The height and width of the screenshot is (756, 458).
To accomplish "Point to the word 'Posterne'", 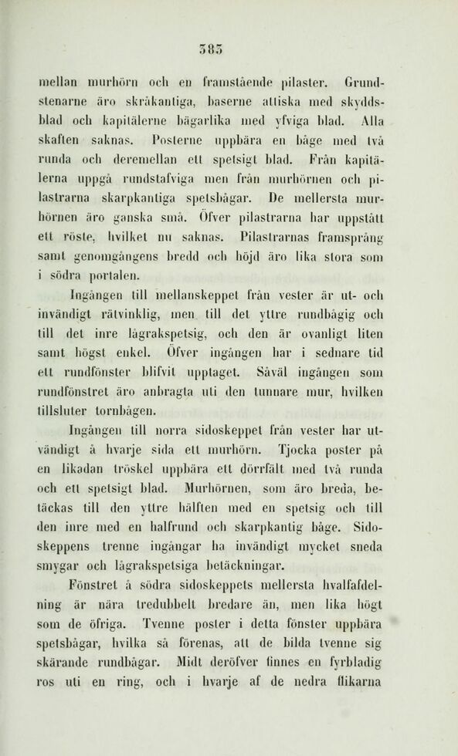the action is pos(176,140).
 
